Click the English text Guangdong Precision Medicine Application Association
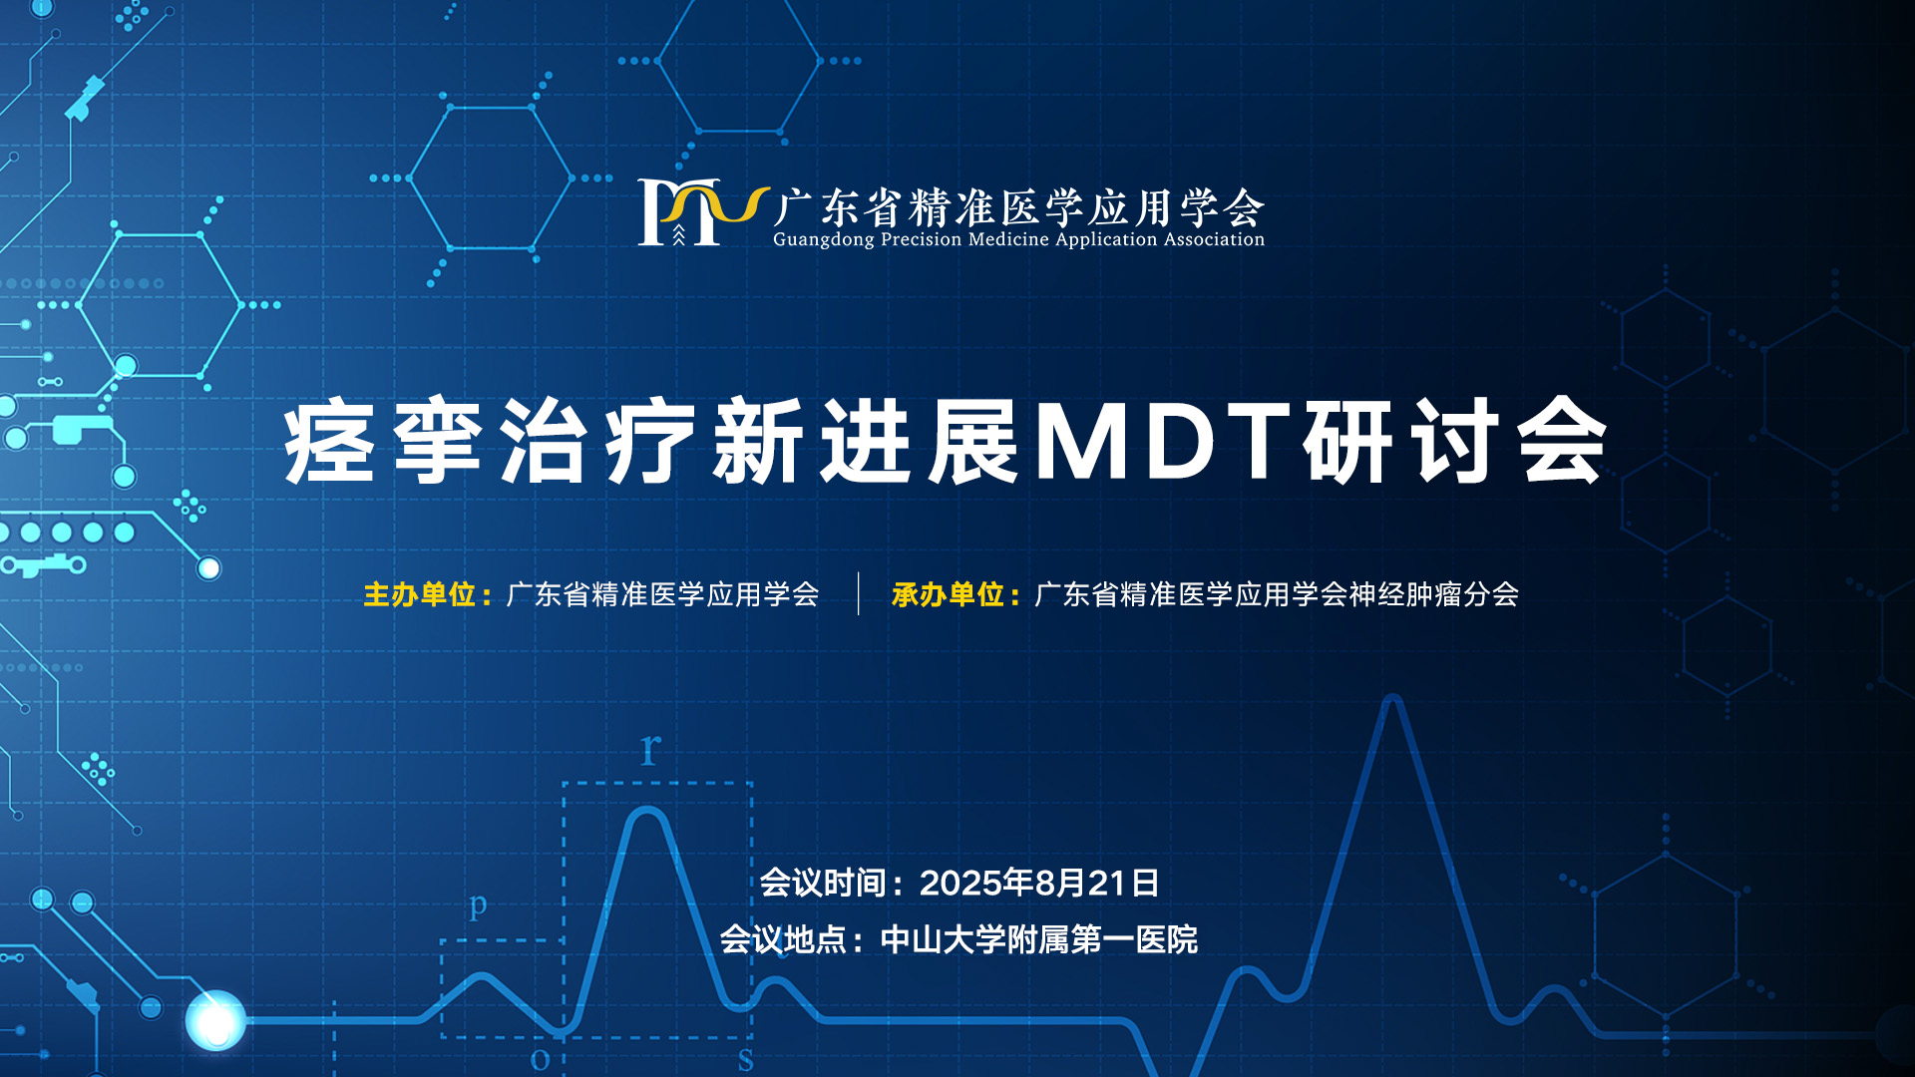click(1018, 239)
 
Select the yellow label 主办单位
click(419, 595)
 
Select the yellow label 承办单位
click(948, 595)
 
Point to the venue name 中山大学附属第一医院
click(1039, 939)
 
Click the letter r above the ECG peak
click(650, 748)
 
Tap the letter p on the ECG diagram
click(479, 905)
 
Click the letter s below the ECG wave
click(746, 1060)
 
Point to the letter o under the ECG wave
click(540, 1059)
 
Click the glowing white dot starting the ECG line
click(215, 1020)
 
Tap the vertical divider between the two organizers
click(858, 594)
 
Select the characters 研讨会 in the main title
click(1455, 442)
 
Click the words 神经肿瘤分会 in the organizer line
click(1433, 595)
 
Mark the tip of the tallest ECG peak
click(1393, 698)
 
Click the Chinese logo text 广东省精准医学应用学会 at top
click(1018, 208)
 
